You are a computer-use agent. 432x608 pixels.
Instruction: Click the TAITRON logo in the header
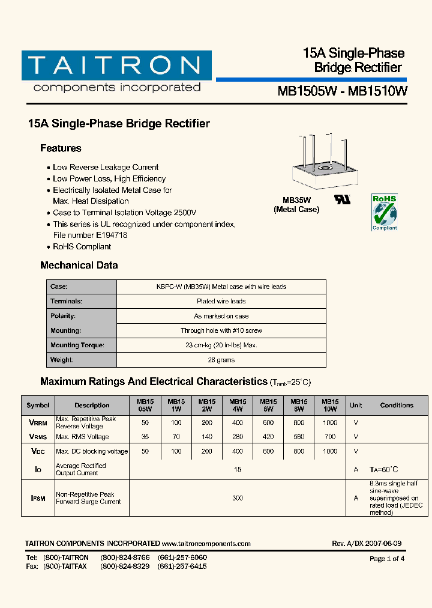tap(116, 71)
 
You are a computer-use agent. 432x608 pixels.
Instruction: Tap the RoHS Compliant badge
tap(384, 212)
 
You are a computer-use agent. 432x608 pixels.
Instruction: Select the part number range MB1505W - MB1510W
tap(343, 91)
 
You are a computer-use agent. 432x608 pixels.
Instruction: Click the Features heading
tap(61, 148)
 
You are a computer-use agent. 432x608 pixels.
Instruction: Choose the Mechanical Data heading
tap(79, 265)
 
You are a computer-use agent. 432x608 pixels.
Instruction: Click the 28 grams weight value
tap(221, 360)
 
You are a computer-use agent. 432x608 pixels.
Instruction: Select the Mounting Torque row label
tap(77, 345)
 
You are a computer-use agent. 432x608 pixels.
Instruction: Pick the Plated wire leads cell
tap(221, 302)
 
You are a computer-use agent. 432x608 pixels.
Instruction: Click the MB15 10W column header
tap(330, 406)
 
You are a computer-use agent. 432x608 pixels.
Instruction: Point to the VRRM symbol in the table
tap(38, 422)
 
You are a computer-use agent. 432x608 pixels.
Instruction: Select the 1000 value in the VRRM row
tap(330, 422)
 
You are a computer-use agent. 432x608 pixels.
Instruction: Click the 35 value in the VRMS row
tap(145, 437)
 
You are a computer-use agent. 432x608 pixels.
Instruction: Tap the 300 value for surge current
tap(238, 498)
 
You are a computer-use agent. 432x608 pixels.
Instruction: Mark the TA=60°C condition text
tap(384, 469)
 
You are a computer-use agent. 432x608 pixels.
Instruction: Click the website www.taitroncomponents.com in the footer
tap(206, 544)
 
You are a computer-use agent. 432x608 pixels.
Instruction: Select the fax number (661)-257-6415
tap(182, 567)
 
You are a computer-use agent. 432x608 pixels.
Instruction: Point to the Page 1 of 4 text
tap(387, 559)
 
